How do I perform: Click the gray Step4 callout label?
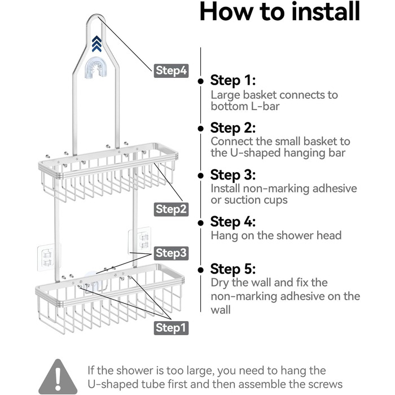171,71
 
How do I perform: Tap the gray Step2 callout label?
171,209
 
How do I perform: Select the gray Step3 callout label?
171,253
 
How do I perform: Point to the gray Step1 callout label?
171,328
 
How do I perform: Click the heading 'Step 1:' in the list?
233,81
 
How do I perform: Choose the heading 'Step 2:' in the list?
233,128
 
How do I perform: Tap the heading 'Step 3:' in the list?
233,175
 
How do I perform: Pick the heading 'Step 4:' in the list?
233,222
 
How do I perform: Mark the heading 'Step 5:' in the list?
233,269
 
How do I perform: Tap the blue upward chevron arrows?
96,44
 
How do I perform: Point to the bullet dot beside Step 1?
201,81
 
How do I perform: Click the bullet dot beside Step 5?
201,270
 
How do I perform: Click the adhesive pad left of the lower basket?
45,257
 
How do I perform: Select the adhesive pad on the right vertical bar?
140,240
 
